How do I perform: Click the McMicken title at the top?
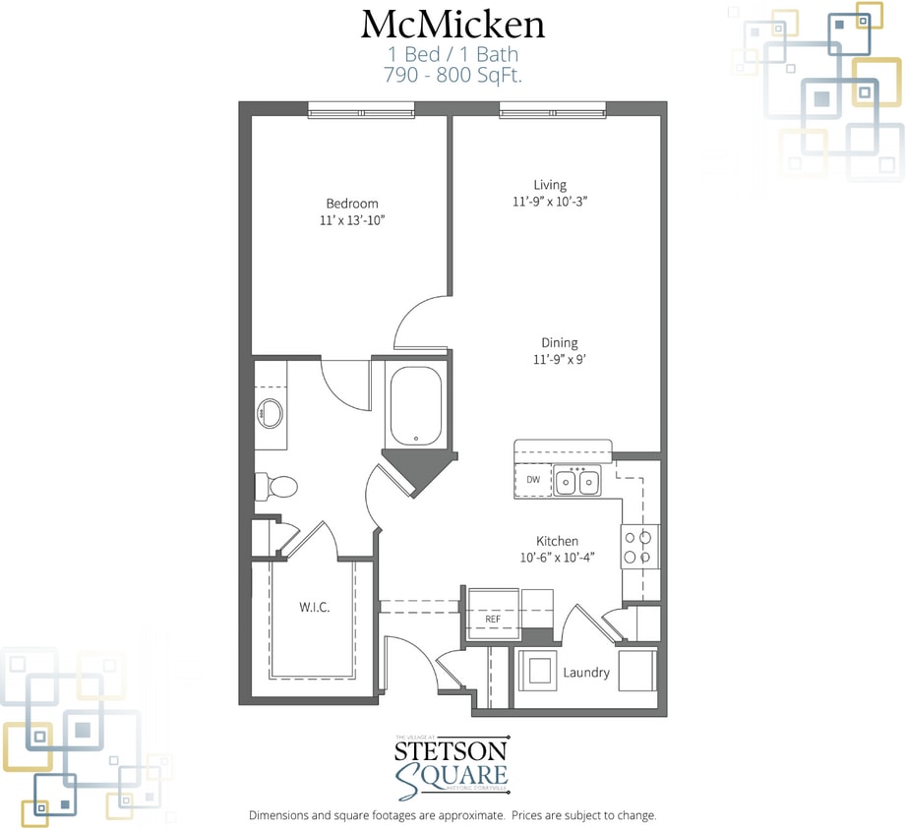click(x=453, y=24)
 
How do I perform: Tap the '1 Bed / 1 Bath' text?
click(x=453, y=54)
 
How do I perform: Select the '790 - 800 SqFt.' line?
click(x=453, y=73)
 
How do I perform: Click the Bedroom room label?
click(x=351, y=204)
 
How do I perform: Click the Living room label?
click(x=550, y=185)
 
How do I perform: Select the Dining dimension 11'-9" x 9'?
click(x=560, y=360)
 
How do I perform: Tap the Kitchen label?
click(x=557, y=541)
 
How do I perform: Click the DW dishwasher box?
click(x=533, y=480)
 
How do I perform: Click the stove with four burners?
click(x=637, y=547)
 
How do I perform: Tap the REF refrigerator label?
click(x=494, y=620)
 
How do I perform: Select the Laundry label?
click(x=586, y=673)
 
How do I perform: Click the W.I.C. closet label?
click(x=315, y=607)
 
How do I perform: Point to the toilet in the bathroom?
click(x=276, y=485)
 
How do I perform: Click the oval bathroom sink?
click(x=270, y=414)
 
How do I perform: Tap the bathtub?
click(x=416, y=406)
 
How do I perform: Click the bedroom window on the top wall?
click(x=352, y=110)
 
